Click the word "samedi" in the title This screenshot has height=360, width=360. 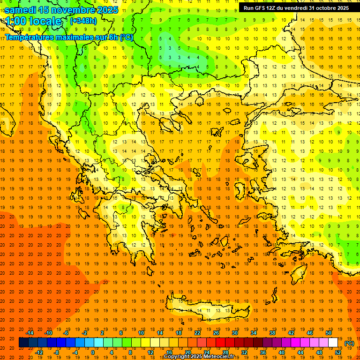pos(21,10)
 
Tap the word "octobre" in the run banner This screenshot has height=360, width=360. pos(322,8)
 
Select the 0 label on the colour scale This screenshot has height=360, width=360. pos(93,352)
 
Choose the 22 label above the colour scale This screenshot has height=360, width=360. pos(197,333)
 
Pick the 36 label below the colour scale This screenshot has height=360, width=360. pos(262,352)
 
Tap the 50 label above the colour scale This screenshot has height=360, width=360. pos(328,333)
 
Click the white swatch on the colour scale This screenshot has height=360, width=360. pos(333,343)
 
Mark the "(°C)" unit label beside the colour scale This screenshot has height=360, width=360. pos(349,343)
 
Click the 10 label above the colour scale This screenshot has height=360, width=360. pos(141,333)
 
